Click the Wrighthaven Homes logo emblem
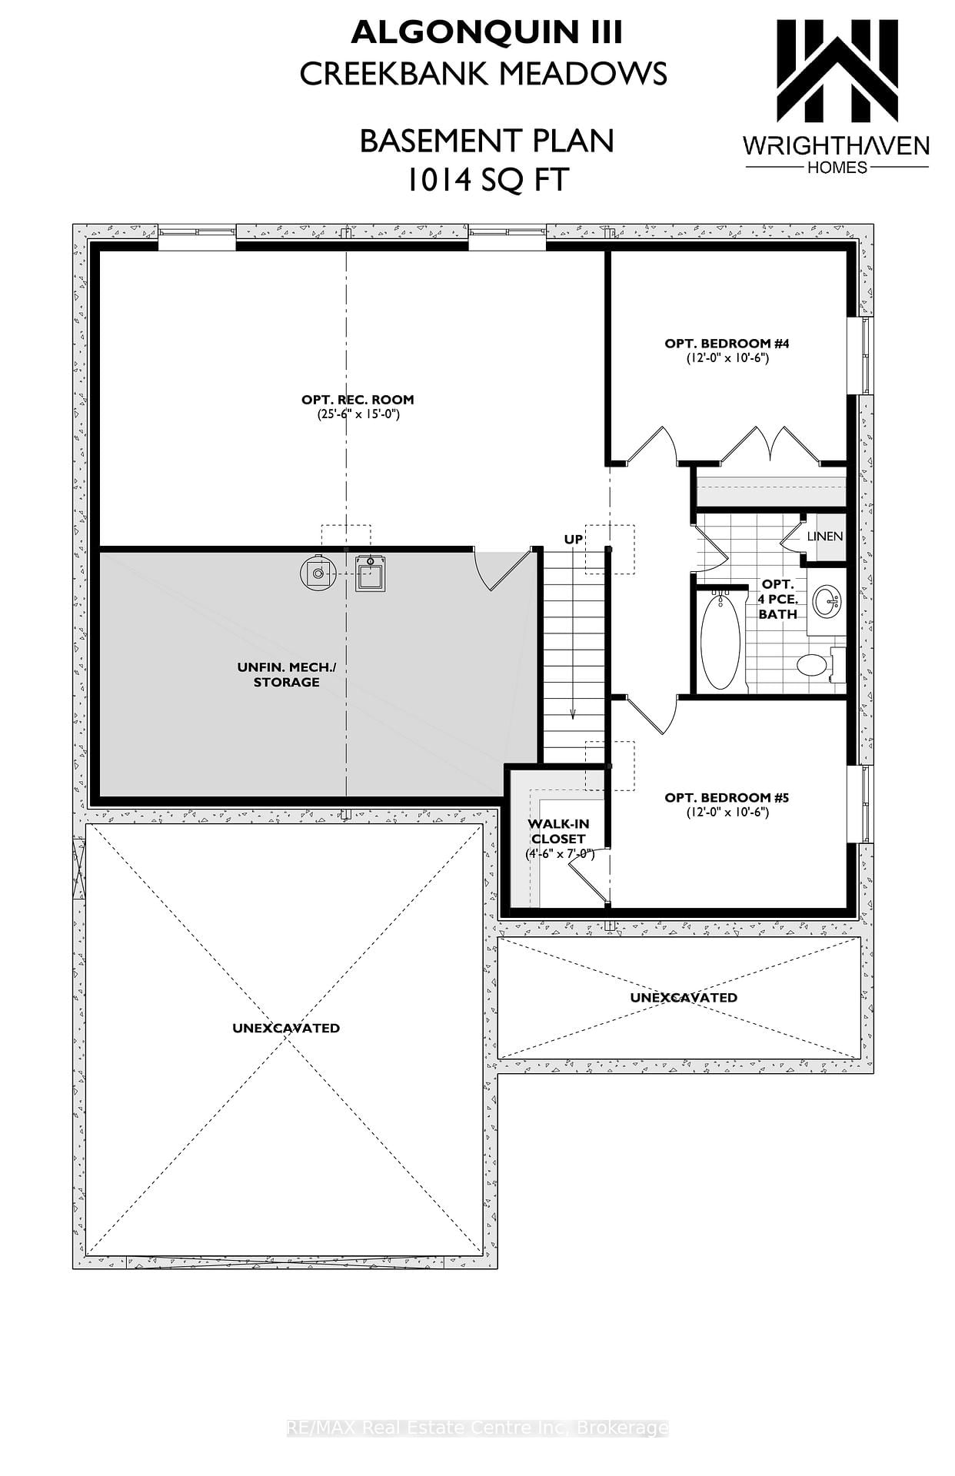[x=837, y=71]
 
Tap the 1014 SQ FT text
[x=487, y=180]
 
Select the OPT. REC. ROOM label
[x=358, y=400]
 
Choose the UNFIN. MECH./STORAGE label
[x=287, y=674]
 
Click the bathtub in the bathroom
[x=720, y=641]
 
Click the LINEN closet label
[x=825, y=536]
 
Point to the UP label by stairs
[x=574, y=540]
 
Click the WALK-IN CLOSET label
[x=559, y=831]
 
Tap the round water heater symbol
[x=318, y=571]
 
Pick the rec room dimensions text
[x=358, y=414]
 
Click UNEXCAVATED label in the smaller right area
[x=684, y=997]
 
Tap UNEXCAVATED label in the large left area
[x=286, y=1028]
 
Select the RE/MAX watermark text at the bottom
[x=477, y=1428]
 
